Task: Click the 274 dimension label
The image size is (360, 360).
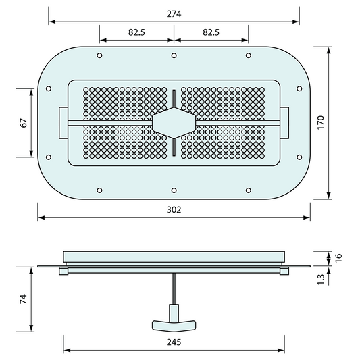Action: [x=174, y=14]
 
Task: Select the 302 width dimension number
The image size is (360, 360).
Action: [x=174, y=210]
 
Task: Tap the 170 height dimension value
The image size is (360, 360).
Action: [x=321, y=123]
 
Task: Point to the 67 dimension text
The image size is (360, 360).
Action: [x=24, y=123]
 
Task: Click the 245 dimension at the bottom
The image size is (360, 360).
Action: [x=174, y=342]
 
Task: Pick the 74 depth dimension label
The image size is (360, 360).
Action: [x=24, y=299]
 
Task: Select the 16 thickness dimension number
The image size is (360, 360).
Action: [x=339, y=258]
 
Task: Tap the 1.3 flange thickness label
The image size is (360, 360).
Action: [x=321, y=280]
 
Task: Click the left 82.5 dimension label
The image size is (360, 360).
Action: [x=136, y=32]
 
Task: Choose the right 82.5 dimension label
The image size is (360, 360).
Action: [x=211, y=32]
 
